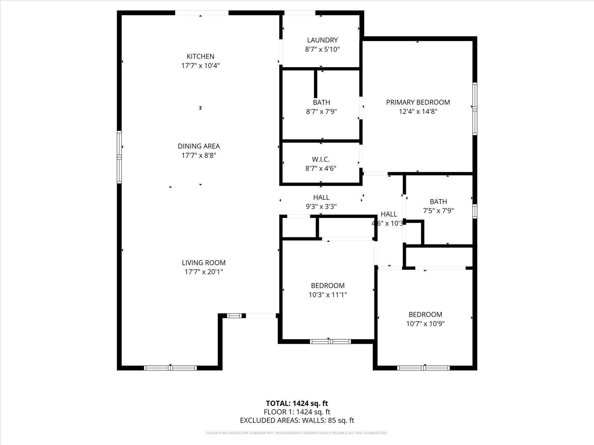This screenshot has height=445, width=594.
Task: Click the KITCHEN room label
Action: pos(200,56)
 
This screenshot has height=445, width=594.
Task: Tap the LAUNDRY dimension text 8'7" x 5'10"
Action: pos(322,49)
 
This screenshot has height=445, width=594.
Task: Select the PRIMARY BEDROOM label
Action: pos(418,102)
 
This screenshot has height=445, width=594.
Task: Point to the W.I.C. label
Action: pos(321,160)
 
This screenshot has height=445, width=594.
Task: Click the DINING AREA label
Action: pos(199,146)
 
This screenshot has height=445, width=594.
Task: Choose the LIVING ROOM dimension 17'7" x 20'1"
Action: pos(204,272)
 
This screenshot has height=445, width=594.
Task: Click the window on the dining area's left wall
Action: pos(119,157)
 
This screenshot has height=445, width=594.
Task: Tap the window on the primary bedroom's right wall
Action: pos(475,109)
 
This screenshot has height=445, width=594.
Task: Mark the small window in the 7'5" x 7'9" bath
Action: pos(475,211)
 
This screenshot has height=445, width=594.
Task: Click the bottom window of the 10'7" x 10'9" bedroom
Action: pos(424,368)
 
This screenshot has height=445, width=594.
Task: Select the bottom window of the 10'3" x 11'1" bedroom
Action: pos(330,341)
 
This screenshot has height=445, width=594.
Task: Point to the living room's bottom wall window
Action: pos(170,368)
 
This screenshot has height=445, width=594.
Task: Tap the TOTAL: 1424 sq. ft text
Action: pos(297,403)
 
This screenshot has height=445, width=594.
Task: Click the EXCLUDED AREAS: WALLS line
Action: pos(297,420)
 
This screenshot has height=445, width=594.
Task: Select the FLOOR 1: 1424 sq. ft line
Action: pos(297,412)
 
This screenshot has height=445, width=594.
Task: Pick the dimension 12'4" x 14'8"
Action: pos(418,112)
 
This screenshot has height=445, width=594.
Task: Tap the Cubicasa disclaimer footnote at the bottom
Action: pos(297,433)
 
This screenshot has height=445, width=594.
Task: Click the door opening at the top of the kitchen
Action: pos(202,13)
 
